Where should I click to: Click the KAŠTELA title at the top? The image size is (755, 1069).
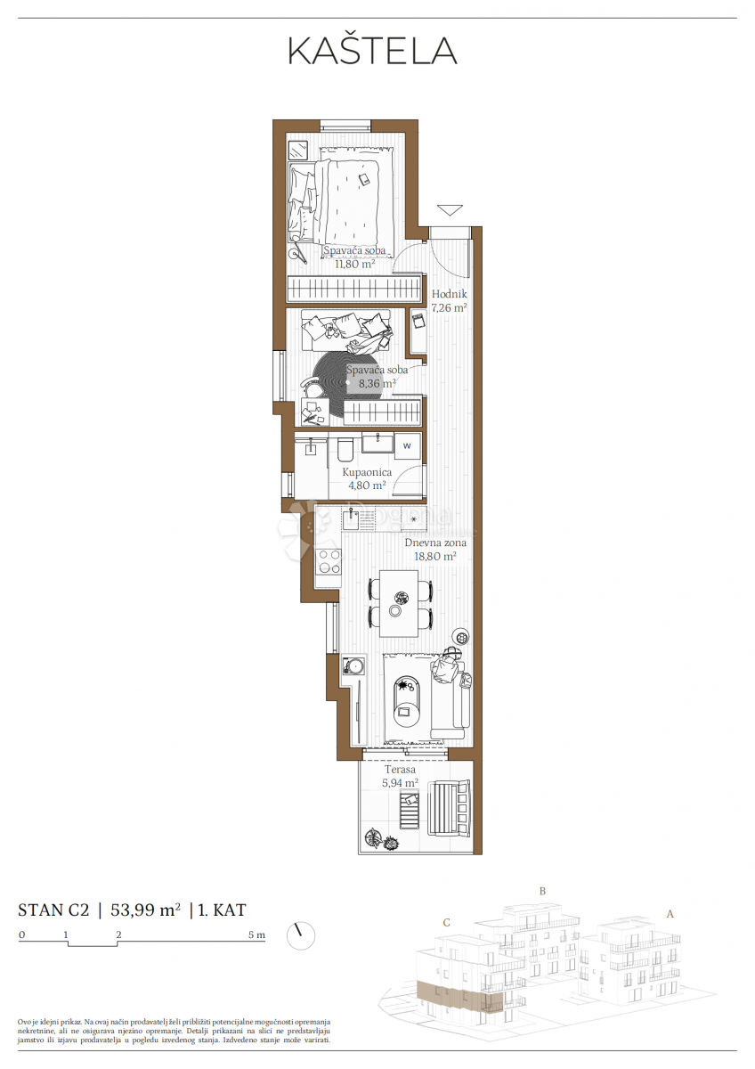pyautogui.click(x=371, y=51)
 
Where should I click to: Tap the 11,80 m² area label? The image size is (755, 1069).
pyautogui.click(x=354, y=264)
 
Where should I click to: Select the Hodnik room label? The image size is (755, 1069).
pyautogui.click(x=450, y=294)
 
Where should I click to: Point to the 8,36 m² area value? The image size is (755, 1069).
pyautogui.click(x=377, y=383)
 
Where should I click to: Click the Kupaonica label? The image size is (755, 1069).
pyautogui.click(x=364, y=472)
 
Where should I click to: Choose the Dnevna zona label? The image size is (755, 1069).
pyautogui.click(x=435, y=542)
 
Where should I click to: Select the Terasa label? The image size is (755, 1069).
pyautogui.click(x=401, y=770)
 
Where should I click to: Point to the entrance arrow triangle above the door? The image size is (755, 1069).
pyautogui.click(x=451, y=210)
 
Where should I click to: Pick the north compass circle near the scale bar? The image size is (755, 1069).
pyautogui.click(x=301, y=935)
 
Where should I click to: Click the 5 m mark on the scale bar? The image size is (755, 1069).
pyautogui.click(x=257, y=935)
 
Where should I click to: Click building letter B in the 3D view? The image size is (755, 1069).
pyautogui.click(x=542, y=891)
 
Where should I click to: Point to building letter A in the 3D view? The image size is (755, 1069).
pyautogui.click(x=670, y=913)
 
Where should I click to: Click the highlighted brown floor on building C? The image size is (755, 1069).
pyautogui.click(x=459, y=996)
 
